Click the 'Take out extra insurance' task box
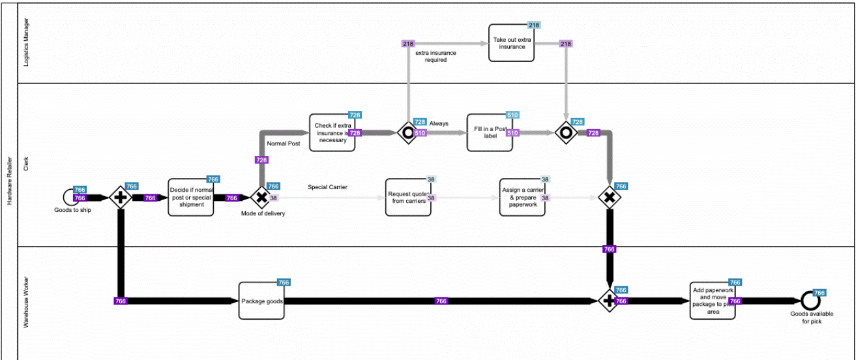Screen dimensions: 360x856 (511, 44)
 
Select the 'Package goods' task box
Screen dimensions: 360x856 (261, 301)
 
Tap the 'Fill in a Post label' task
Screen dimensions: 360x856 (489, 132)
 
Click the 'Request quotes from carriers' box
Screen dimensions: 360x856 (407, 197)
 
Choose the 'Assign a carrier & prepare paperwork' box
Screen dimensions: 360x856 (522, 197)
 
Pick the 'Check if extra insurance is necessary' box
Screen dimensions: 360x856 (332, 132)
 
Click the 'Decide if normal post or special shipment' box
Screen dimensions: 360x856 (190, 197)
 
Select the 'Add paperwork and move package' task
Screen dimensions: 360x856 (713, 301)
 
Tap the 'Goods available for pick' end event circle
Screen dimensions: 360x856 (809, 301)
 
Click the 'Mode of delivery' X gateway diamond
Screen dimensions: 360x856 (260, 197)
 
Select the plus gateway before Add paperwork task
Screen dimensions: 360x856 (609, 301)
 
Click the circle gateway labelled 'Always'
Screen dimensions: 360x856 (408, 132)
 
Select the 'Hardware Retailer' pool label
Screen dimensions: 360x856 (9, 180)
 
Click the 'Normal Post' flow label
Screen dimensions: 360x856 (283, 143)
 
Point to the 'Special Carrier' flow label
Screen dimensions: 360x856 (327, 187)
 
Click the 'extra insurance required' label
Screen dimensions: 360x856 (435, 56)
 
